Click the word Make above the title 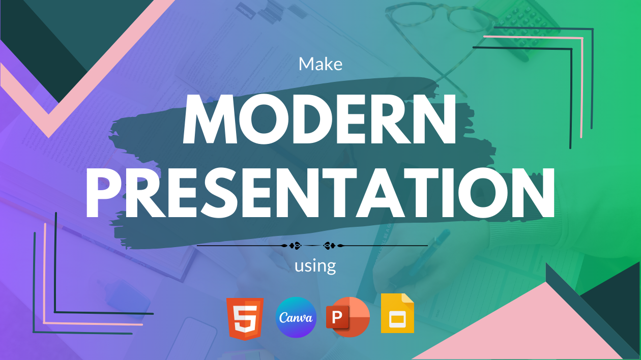(x=320, y=64)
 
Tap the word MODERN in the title (x=319, y=119)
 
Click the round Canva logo (x=296, y=317)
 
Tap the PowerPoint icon (x=348, y=317)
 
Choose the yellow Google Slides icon (x=397, y=313)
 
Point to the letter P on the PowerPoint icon (x=338, y=317)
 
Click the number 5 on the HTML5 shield (x=245, y=317)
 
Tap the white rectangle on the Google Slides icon (x=397, y=319)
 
